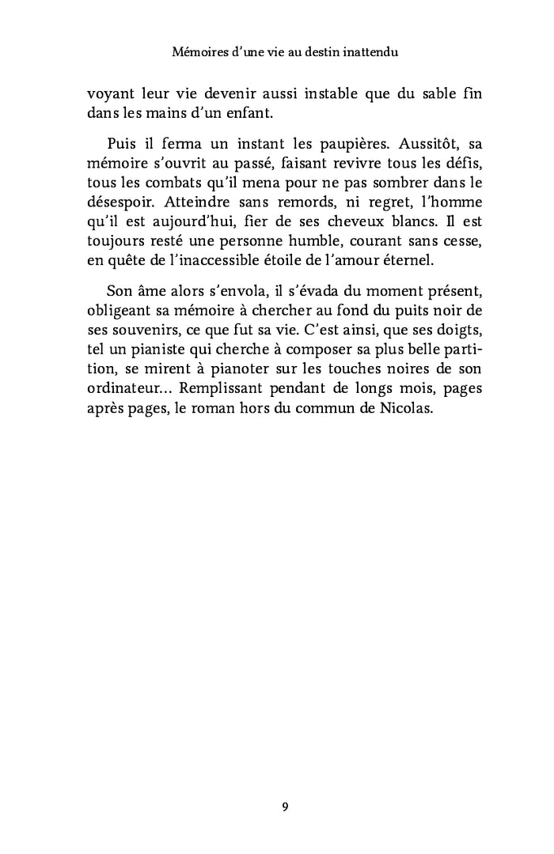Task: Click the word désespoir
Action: (119, 203)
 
